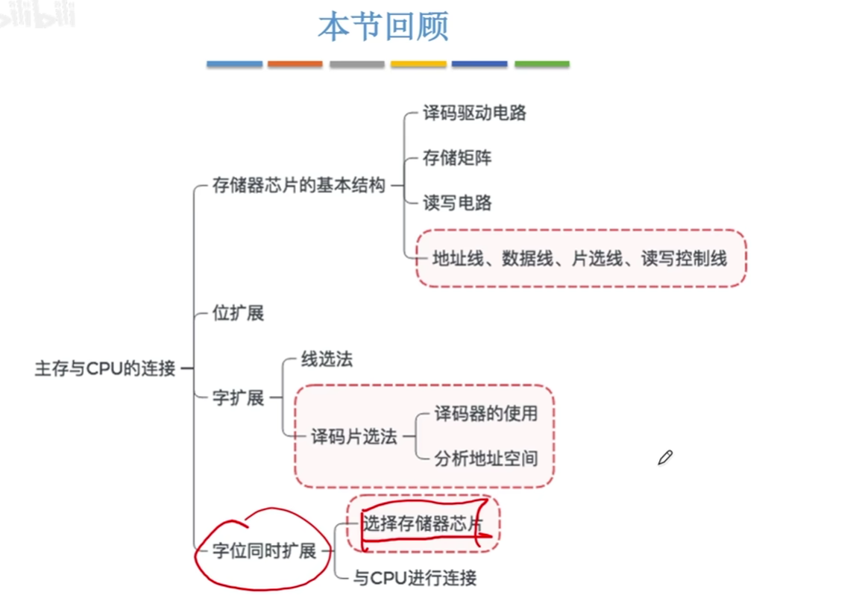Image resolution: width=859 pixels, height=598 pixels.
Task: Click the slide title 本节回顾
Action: (x=383, y=28)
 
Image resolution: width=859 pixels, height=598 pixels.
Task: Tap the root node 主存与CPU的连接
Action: (x=104, y=368)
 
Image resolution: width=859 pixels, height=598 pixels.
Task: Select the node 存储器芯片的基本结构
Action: (x=298, y=185)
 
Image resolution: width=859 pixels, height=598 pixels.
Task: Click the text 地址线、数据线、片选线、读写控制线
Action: (x=579, y=258)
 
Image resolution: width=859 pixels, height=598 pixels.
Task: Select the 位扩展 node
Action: (x=238, y=313)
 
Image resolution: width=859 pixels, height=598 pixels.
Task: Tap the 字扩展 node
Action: (x=238, y=397)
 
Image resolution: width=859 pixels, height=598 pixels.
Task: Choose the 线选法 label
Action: (x=327, y=359)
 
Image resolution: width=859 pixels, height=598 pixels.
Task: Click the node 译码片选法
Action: (x=353, y=437)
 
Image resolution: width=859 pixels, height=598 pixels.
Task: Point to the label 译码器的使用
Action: (x=485, y=413)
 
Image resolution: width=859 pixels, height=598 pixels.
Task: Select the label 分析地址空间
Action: (x=485, y=458)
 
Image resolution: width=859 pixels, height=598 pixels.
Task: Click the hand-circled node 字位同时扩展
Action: (x=264, y=551)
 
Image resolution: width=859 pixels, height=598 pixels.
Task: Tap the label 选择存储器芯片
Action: (x=423, y=524)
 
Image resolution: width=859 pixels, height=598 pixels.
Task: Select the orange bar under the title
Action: (x=295, y=64)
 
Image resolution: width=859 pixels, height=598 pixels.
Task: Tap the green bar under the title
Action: (x=541, y=64)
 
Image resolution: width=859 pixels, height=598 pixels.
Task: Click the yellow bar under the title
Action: (x=418, y=64)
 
